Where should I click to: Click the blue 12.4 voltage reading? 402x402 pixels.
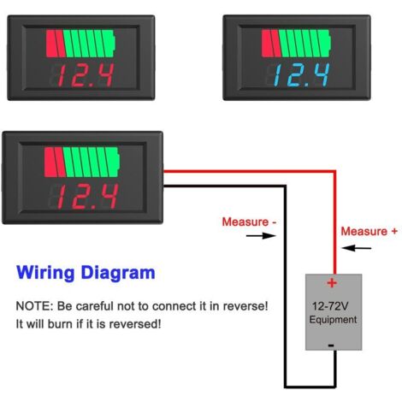(302, 75)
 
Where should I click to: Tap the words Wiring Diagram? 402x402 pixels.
(86, 273)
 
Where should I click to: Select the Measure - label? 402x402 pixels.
(250, 222)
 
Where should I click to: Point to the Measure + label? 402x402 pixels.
(369, 231)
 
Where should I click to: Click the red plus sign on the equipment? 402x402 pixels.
(332, 283)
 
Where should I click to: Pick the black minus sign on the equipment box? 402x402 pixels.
(331, 346)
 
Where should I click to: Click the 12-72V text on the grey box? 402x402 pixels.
(330, 306)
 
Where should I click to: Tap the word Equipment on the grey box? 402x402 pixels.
(333, 320)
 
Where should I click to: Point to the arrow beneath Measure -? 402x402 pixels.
(261, 236)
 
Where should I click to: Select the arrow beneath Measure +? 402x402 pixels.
(357, 248)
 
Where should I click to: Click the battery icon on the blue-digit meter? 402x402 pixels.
(297, 44)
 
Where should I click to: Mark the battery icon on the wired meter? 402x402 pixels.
(82, 162)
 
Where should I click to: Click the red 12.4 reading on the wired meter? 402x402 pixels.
(88, 197)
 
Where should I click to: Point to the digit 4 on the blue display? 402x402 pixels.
(321, 74)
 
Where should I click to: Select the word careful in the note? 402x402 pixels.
(95, 306)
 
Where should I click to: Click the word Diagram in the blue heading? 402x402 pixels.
(118, 273)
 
